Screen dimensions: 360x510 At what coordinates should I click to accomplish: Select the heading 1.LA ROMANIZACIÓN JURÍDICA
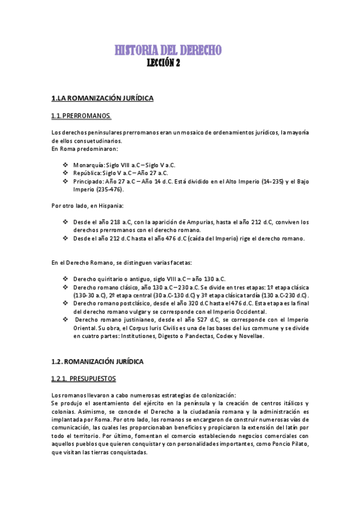(103, 97)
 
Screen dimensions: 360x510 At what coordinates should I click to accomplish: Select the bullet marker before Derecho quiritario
(66, 279)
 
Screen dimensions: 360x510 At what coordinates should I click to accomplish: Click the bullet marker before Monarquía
(66, 164)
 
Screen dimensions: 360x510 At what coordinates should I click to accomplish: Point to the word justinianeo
(130, 321)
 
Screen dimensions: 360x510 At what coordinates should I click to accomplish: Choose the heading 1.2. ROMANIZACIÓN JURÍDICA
(97, 361)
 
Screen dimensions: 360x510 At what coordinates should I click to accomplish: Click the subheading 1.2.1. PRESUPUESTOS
(84, 379)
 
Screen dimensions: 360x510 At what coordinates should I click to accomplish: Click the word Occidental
(248, 312)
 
